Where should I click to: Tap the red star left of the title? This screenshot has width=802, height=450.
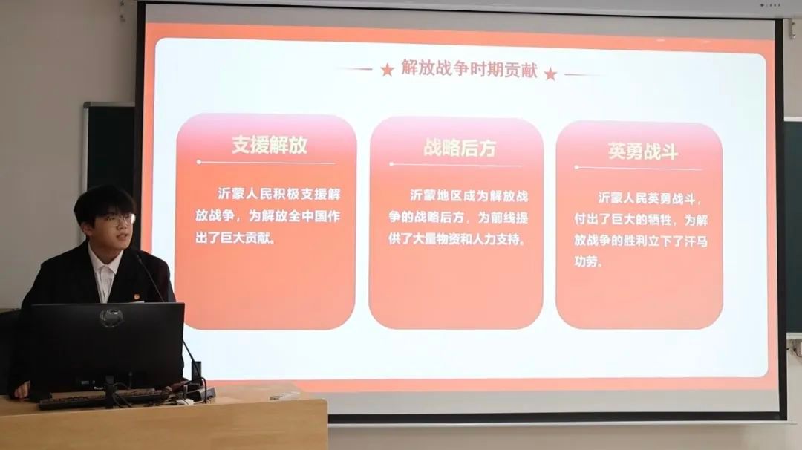387,70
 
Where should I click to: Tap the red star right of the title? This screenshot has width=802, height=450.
550,74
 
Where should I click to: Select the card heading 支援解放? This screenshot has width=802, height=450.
270,145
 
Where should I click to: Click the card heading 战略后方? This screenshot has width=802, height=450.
460,148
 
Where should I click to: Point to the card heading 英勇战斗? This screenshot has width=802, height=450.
643,151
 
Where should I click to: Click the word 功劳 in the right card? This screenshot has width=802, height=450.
588,262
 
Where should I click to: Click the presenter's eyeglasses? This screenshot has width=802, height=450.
117,220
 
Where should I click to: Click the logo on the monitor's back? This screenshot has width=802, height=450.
111,318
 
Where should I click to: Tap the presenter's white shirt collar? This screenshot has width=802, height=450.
106,269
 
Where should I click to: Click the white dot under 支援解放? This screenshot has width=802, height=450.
199,162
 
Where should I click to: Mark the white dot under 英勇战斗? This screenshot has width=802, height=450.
576,167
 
